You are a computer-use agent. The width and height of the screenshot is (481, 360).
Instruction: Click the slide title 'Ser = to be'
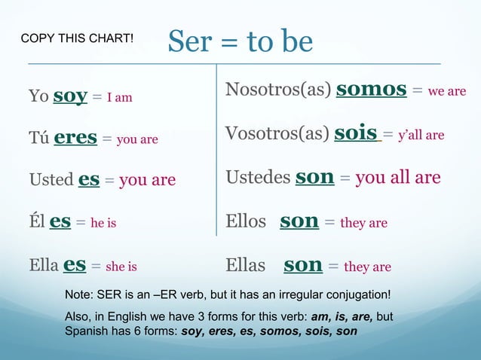(x=240, y=42)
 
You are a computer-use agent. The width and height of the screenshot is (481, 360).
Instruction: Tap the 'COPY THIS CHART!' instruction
(x=78, y=37)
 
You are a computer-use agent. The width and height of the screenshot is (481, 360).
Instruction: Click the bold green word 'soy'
(x=69, y=96)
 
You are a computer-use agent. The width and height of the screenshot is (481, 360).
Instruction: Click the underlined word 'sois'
(x=357, y=133)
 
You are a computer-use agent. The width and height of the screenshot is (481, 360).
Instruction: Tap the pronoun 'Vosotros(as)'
(x=277, y=134)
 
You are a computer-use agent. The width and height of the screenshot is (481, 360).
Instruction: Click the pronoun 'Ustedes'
(x=257, y=178)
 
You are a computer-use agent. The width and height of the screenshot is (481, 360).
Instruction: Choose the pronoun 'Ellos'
(x=246, y=221)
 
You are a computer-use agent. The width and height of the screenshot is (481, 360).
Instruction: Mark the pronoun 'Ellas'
(x=246, y=265)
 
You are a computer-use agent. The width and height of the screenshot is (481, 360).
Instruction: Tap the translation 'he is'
(x=103, y=223)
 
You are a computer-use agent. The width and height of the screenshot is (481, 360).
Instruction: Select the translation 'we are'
(x=447, y=92)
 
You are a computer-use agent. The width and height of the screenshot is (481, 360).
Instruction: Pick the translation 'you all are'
(x=397, y=178)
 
